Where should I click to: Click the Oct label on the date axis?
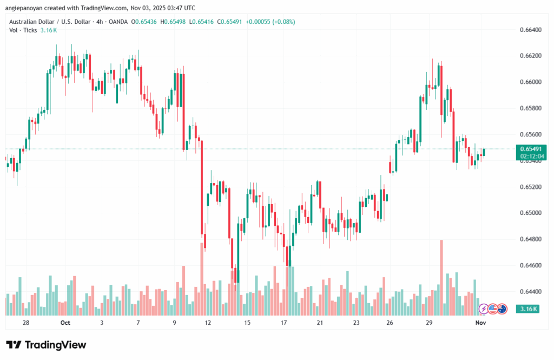pyautogui.click(x=65, y=323)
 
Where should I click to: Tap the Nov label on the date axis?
pyautogui.click(x=481, y=323)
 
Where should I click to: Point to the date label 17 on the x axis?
pyautogui.click(x=283, y=323)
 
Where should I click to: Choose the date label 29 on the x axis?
pyautogui.click(x=428, y=323)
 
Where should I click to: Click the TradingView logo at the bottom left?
pyautogui.click(x=46, y=345)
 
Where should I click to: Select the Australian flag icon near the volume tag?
pyautogui.click(x=502, y=309)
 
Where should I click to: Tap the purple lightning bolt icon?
pyautogui.click(x=484, y=309)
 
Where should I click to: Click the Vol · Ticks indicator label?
pyautogui.click(x=23, y=30)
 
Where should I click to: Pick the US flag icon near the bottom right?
pyautogui.click(x=492, y=309)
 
